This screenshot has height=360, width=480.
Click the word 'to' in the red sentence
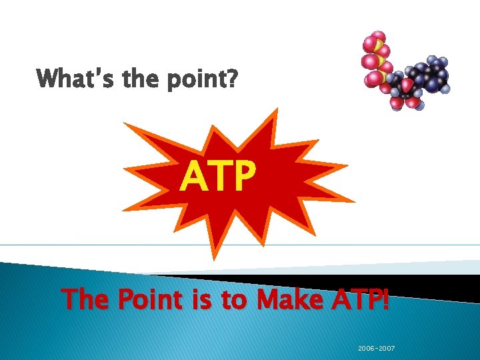[233, 299]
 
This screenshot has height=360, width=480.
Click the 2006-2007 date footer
[376, 348]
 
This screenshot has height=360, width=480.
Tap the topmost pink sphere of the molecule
[378, 36]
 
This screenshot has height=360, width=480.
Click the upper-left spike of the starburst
[131, 126]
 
